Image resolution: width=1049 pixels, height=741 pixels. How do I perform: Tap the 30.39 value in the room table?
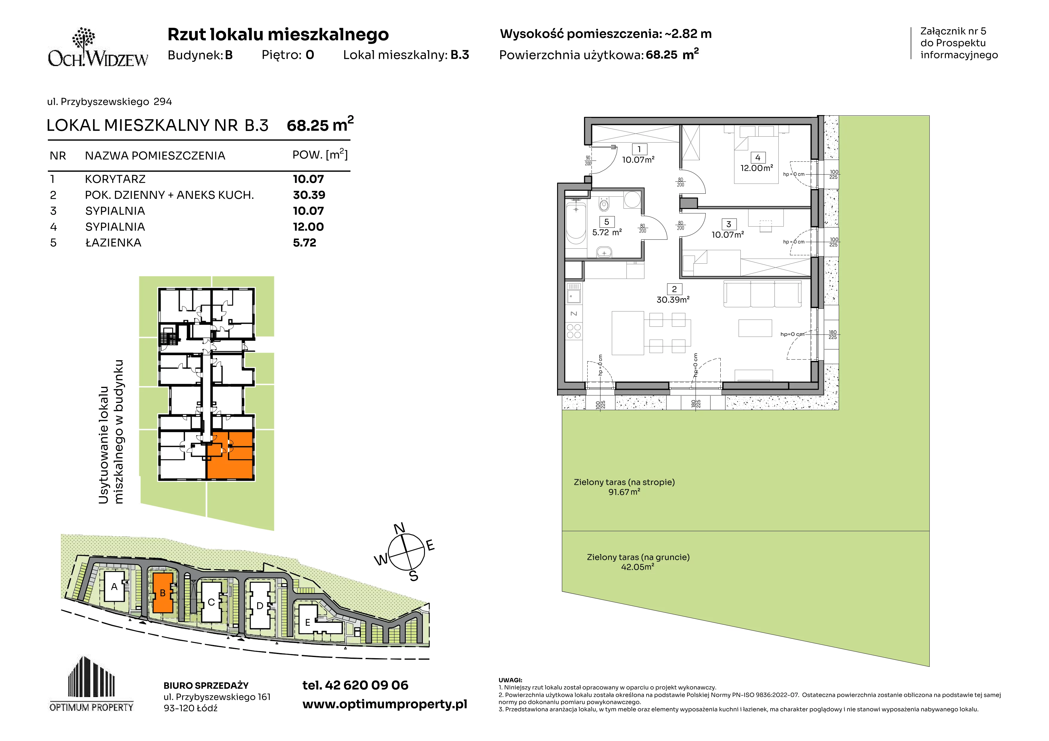point(309,195)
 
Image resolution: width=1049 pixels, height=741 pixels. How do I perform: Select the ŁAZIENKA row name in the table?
point(113,243)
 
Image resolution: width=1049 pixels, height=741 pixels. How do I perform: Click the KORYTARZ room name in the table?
point(115,179)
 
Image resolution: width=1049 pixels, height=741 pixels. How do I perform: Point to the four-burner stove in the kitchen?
point(574,331)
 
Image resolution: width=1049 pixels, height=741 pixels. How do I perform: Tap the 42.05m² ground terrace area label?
point(637,567)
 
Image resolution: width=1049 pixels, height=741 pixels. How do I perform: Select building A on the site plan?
point(114,587)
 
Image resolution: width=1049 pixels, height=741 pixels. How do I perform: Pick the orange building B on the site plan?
point(163,593)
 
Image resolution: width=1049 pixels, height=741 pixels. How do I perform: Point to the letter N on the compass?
point(399,529)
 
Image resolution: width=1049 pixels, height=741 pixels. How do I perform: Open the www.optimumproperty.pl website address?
point(385,705)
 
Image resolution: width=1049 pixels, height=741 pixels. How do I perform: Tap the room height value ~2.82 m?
point(687,34)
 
